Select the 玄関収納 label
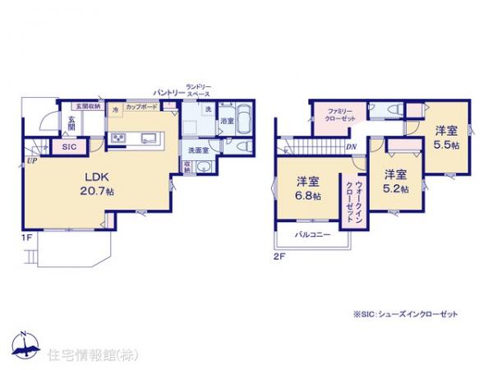coord(88,107)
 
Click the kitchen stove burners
coord(117,136)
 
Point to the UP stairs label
coord(30,160)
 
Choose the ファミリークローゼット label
coord(339,114)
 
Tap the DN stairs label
coord(351,147)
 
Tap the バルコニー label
coord(312,235)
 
